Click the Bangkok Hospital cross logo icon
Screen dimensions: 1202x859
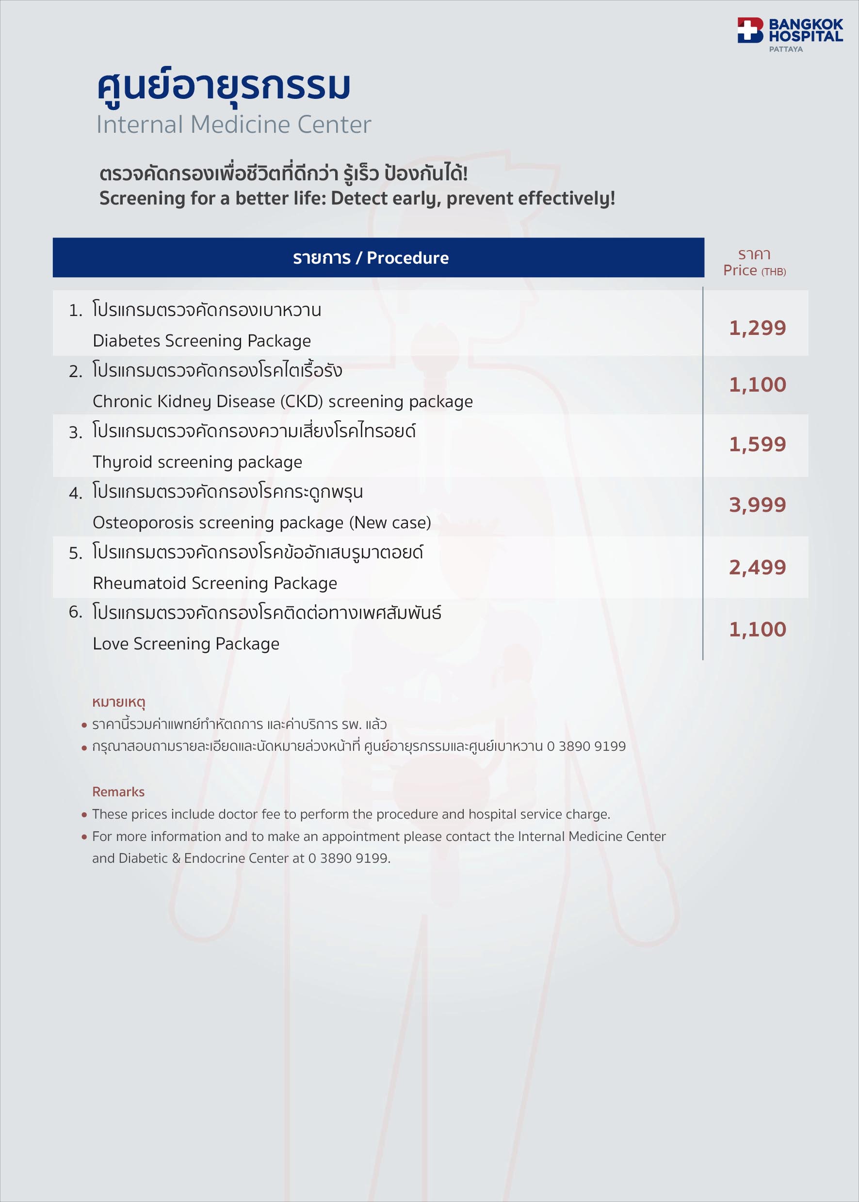pos(750,30)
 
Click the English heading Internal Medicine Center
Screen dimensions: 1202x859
pos(233,125)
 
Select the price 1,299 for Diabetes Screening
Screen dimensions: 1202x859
pos(758,328)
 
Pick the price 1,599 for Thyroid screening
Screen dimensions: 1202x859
pos(758,444)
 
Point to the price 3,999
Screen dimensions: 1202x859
pos(758,506)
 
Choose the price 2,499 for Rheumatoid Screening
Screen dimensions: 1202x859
pos(758,568)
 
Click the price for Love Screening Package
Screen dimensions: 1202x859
pos(758,630)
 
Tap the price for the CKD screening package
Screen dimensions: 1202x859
pos(758,385)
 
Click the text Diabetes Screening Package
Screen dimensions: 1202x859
pos(201,341)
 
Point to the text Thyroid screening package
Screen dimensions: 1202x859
pos(197,462)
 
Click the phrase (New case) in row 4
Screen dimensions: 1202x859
pos(390,523)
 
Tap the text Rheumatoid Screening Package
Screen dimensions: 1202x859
pos(215,584)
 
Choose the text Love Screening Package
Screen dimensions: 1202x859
pos(186,644)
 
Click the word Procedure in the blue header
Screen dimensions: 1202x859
pos(407,258)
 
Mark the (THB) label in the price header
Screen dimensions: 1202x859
pos(773,272)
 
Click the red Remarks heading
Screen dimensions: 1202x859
pos(118,792)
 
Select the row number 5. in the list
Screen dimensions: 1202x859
pos(76,554)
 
